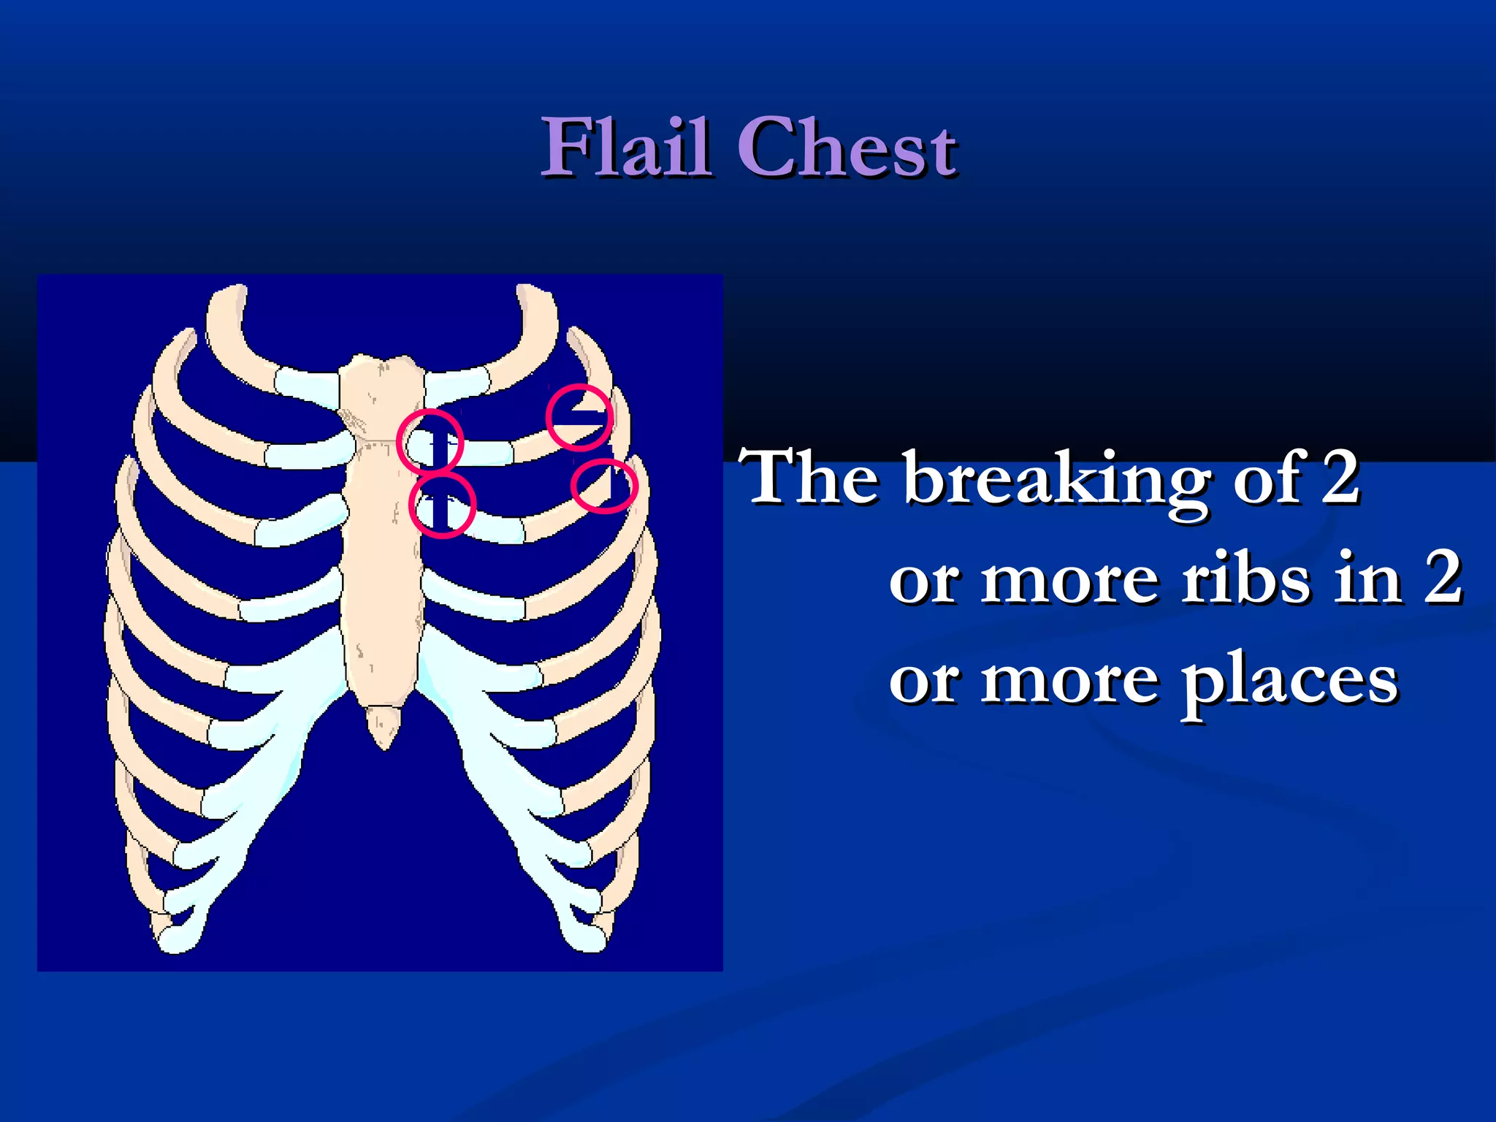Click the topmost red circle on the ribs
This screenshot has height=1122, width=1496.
[x=579, y=417]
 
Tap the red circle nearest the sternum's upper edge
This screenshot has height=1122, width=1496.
[x=430, y=442]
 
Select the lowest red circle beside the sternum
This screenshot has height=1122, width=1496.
[x=443, y=505]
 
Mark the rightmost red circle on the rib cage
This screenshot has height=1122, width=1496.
[x=604, y=486]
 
